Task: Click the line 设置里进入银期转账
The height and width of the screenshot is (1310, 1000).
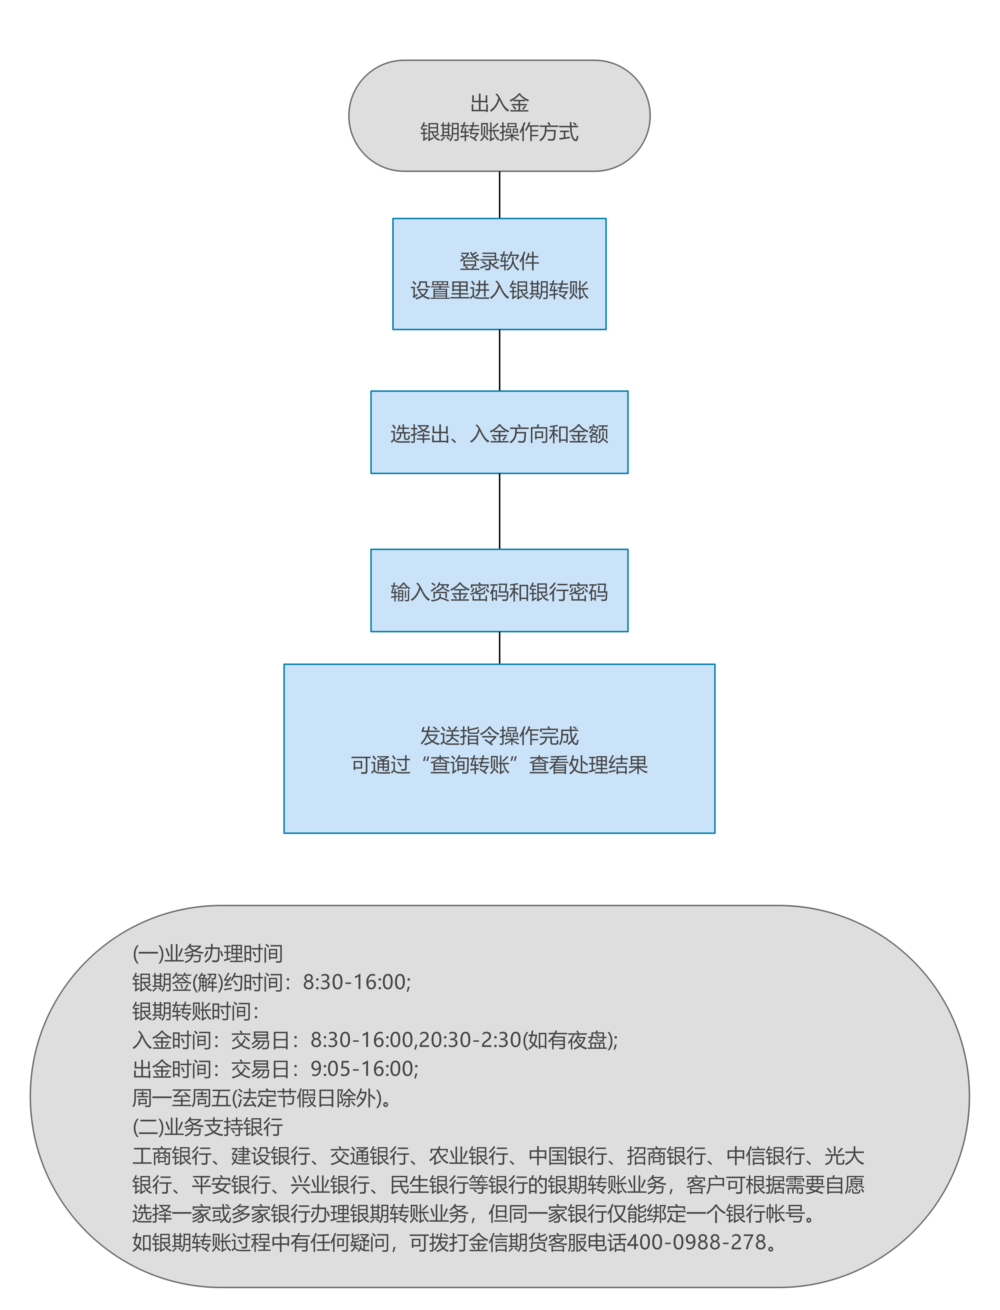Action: coord(500,290)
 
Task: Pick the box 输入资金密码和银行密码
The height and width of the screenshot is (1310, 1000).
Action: coord(500,590)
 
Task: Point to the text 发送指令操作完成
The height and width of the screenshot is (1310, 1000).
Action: coord(500,736)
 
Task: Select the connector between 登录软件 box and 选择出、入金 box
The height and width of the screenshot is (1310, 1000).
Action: coord(500,360)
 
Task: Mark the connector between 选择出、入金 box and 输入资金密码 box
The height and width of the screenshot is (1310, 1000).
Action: coord(500,511)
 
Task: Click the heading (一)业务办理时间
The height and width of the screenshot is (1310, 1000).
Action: coord(207,954)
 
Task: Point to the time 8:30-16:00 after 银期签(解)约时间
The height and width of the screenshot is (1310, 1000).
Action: coord(355,982)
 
